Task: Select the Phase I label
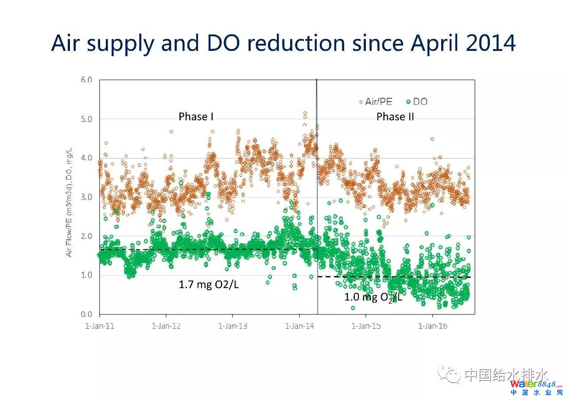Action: [196, 116]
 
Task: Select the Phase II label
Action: [395, 116]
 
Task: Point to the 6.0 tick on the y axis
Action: [86, 80]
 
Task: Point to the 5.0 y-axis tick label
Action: [86, 119]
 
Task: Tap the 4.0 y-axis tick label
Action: [86, 158]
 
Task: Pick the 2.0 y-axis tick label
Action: [86, 236]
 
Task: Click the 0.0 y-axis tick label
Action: [86, 314]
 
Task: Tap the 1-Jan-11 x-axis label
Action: [100, 326]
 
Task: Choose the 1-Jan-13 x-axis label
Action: [233, 326]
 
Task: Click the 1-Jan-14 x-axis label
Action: [299, 326]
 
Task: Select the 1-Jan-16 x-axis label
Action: [432, 326]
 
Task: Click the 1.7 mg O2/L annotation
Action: [209, 285]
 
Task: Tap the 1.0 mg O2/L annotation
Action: [373, 297]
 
